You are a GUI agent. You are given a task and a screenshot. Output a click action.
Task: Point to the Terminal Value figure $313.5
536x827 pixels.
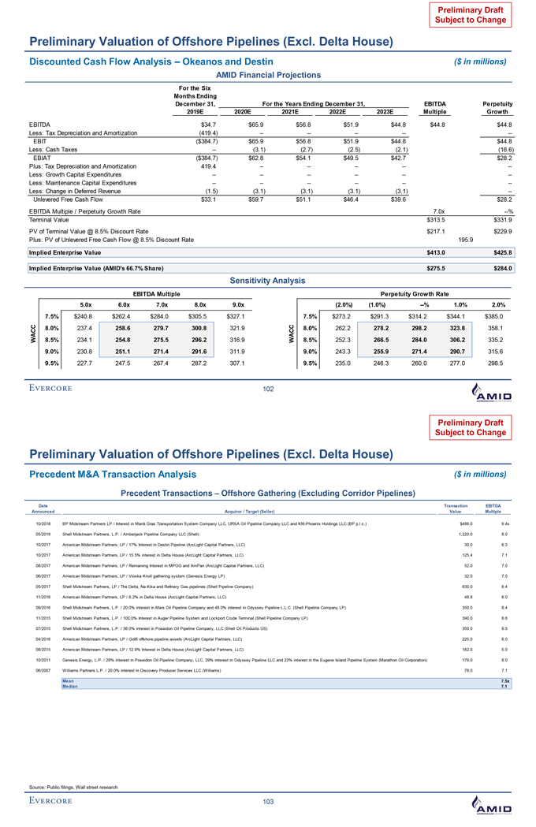pos(436,219)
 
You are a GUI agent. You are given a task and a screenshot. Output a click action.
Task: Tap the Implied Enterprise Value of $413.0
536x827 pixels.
pos(436,252)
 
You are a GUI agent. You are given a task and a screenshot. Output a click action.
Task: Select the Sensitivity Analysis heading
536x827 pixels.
pos(268,280)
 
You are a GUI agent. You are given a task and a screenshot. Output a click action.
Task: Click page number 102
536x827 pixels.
pos(268,389)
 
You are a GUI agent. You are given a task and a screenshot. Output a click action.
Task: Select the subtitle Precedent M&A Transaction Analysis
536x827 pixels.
pos(103,475)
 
